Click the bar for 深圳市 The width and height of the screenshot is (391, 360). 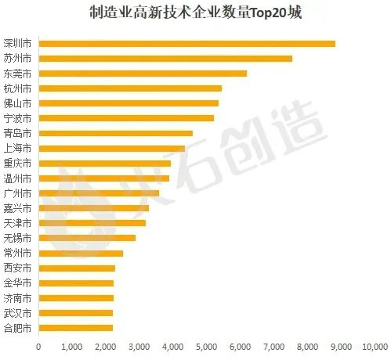tap(186, 44)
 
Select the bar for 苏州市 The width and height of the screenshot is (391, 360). tap(165, 59)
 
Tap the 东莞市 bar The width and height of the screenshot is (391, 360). tap(143, 74)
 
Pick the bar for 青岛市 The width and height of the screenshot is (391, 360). tap(115, 134)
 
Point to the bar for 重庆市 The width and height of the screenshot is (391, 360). tap(104, 164)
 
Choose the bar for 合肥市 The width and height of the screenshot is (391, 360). tap(75, 328)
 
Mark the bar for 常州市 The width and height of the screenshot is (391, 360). tap(81, 254)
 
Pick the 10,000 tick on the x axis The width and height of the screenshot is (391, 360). tap(375, 346)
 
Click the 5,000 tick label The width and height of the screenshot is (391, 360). tap(206, 346)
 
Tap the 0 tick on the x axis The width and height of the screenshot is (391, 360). tap(38, 346)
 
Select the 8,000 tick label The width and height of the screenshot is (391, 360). tap(307, 346)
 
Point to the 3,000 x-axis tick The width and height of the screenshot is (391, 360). tap(139, 346)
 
